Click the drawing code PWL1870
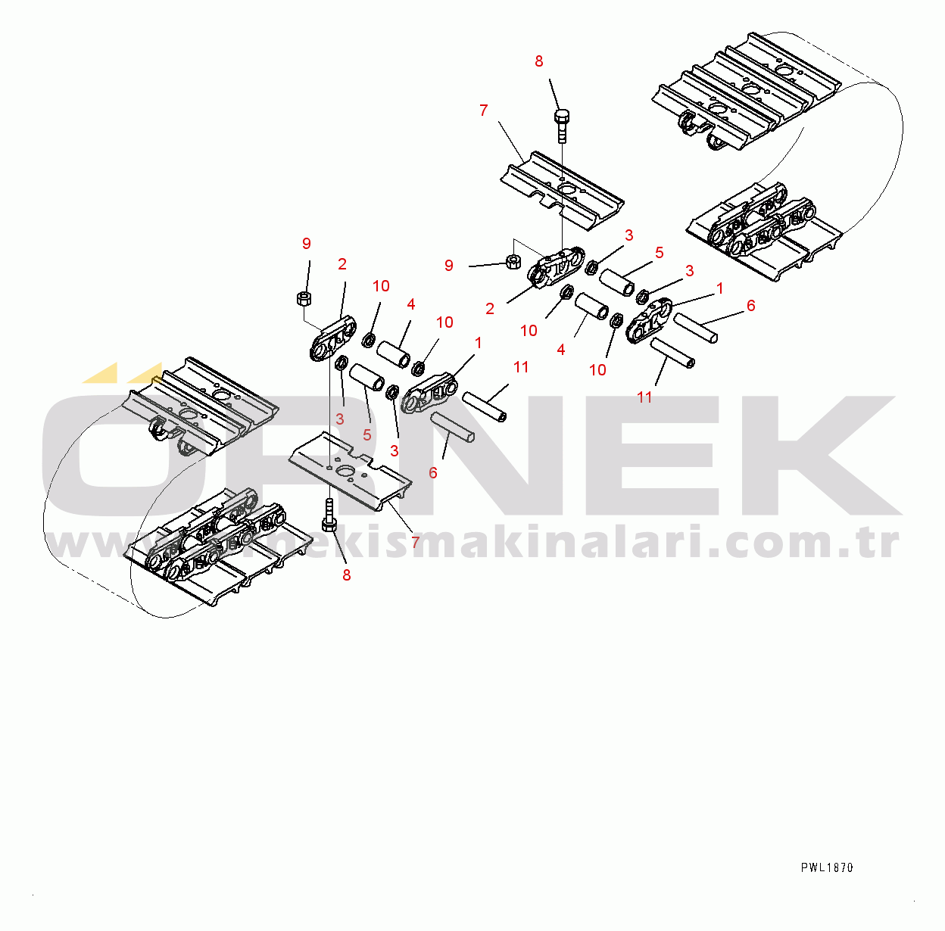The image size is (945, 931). (827, 867)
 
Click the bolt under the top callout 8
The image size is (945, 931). (561, 125)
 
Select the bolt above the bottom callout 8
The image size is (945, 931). (329, 516)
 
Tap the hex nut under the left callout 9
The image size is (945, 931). (304, 297)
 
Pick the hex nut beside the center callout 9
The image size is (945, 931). (513, 263)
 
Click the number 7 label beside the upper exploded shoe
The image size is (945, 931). (484, 111)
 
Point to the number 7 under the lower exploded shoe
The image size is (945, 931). (415, 542)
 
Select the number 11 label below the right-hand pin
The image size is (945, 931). (644, 397)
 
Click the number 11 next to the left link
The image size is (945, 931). (521, 367)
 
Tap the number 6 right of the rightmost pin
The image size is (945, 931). (750, 305)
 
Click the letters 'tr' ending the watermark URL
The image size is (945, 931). (881, 543)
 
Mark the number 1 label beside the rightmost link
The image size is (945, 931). (720, 288)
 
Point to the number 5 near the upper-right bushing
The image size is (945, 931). (659, 252)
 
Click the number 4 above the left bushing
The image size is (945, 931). (410, 304)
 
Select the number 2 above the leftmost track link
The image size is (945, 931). (342, 264)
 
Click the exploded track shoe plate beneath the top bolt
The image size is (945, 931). (562, 189)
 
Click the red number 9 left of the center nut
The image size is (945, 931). (449, 266)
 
